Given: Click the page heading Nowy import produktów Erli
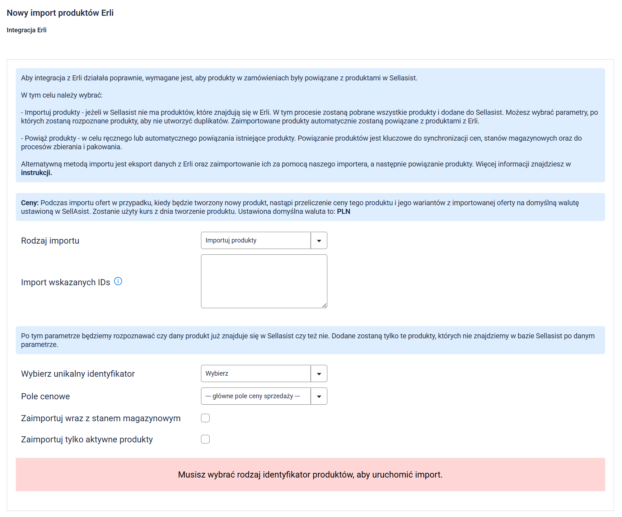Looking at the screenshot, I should click(x=60, y=13).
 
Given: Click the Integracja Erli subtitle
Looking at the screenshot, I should click(x=27, y=30).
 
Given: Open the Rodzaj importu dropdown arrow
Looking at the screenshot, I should click(x=319, y=241).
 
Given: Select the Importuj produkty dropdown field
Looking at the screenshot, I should click(x=256, y=241).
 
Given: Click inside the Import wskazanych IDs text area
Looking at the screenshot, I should click(x=264, y=281).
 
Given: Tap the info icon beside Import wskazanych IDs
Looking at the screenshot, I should click(x=118, y=281).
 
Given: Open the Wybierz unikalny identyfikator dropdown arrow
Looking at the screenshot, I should click(x=319, y=374).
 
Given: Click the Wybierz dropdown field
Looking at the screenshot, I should click(x=256, y=374).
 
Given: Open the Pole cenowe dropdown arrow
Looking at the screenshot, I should click(x=319, y=396).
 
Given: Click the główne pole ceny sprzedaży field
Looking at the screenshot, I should click(x=256, y=396).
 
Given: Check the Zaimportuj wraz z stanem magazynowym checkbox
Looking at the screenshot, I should click(x=205, y=418).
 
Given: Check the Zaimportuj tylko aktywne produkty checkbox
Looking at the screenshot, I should click(x=205, y=439).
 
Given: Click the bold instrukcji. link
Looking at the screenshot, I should click(x=37, y=173).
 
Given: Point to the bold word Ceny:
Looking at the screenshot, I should click(x=30, y=203).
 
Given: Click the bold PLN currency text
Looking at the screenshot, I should click(x=343, y=212).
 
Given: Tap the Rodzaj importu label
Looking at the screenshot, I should click(x=50, y=241).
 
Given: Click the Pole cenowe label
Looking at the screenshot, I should click(x=46, y=396).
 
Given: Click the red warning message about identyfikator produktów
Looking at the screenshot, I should click(x=310, y=475).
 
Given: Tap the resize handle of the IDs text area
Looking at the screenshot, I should click(x=324, y=305).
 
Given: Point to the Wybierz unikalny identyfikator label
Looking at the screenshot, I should click(x=78, y=374).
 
